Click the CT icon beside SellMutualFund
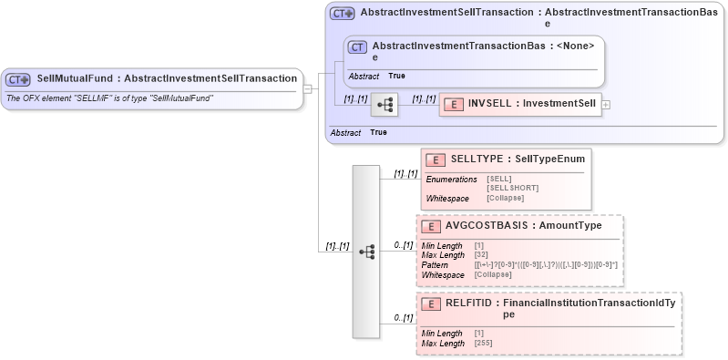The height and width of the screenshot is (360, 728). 18,79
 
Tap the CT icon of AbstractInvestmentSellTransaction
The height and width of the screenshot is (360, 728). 343,14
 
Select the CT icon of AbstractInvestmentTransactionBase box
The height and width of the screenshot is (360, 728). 358,46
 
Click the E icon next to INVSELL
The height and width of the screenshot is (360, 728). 454,105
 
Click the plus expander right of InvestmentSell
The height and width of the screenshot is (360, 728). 606,106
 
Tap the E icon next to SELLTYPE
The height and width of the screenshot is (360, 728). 436,159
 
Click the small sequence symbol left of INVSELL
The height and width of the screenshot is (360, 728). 385,106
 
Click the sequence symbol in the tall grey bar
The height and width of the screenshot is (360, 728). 365,251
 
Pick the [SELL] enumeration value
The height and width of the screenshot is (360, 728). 498,179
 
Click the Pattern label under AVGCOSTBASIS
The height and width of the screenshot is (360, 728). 435,264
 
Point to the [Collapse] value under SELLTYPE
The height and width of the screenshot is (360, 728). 505,198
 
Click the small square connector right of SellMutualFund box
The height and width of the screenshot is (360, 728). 308,88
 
